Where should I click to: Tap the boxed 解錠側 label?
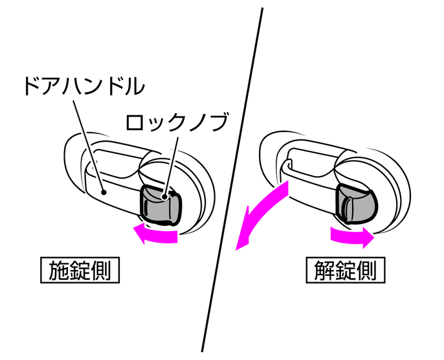pos(345,269)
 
